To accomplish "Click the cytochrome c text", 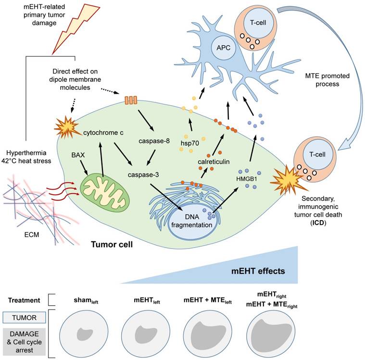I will [x=107, y=131].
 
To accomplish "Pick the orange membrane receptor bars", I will [x=131, y=101].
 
